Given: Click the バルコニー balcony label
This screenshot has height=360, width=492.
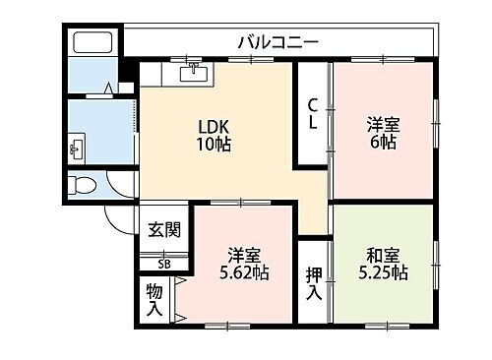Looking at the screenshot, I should tap(277, 41).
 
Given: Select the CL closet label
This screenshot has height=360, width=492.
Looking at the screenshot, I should tap(312, 116).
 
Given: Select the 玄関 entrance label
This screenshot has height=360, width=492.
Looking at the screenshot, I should tap(164, 230).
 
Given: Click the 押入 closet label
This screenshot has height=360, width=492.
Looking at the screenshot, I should tap(312, 282).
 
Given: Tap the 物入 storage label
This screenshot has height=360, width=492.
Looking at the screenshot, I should tap(154, 300).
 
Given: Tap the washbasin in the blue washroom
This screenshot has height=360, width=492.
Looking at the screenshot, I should tap(76, 149).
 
